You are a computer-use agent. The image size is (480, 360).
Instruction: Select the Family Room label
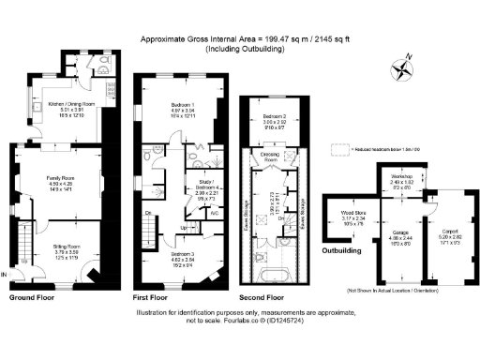pyautogui.click(x=61, y=175)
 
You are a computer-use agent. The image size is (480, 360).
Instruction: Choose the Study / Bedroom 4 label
pyautogui.click(x=204, y=188)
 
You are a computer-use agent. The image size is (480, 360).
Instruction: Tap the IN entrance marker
pyautogui.click(x=7, y=275)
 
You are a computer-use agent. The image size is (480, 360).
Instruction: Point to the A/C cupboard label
pyautogui.click(x=216, y=213)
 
